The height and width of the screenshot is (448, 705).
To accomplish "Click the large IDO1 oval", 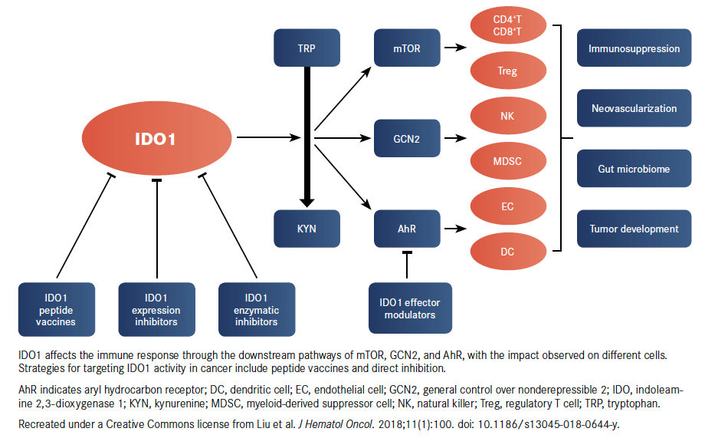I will [156, 139].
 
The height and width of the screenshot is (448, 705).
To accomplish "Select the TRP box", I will [307, 48].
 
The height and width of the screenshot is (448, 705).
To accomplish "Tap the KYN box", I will [307, 229].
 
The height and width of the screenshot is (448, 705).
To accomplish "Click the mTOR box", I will [407, 48].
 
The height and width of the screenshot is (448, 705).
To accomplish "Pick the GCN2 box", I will [407, 139].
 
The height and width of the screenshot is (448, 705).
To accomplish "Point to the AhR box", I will [407, 229].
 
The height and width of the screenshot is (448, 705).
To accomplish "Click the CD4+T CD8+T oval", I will [507, 25].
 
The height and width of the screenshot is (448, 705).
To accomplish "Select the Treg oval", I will [507, 71].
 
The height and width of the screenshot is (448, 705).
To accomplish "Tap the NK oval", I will [507, 117].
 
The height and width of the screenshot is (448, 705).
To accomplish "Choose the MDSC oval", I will [507, 162].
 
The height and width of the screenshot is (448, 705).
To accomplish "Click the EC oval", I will [507, 207].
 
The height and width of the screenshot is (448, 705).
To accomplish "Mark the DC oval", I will [507, 252].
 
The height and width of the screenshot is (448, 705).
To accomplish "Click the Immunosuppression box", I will [634, 48].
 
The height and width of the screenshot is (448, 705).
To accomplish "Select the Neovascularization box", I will [634, 108].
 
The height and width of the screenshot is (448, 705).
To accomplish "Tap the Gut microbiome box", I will [634, 168].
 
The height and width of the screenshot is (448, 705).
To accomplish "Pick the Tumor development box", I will [634, 229].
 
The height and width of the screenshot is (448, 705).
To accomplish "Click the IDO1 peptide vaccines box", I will [57, 309].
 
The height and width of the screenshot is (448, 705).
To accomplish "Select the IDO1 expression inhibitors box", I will [156, 309].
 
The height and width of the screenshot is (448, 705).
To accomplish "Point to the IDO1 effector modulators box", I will [410, 308].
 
